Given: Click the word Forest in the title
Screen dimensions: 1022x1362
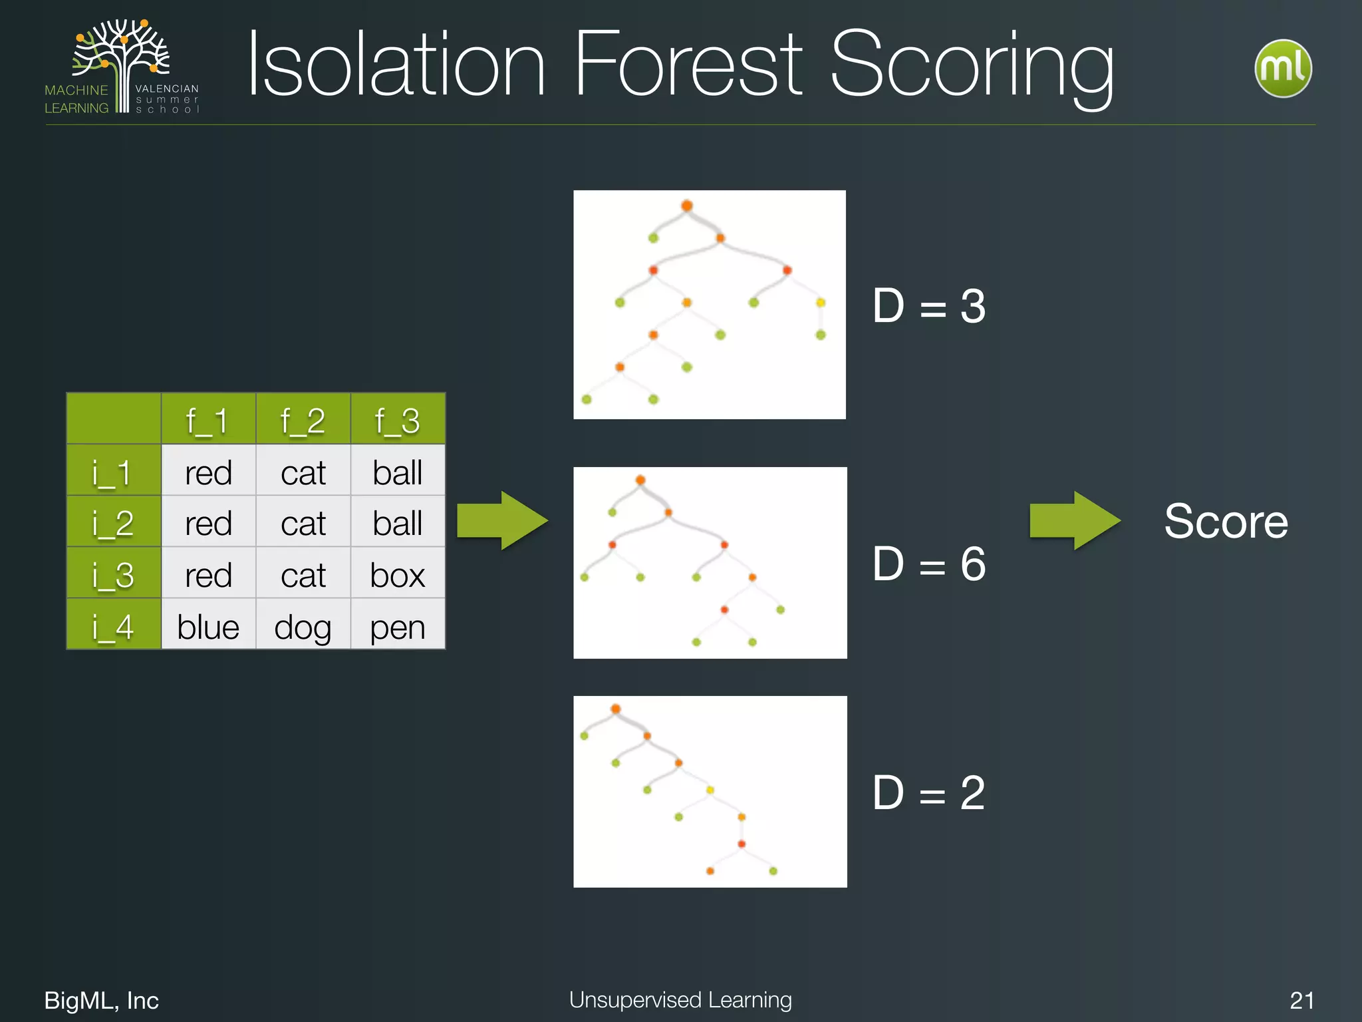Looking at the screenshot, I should [x=688, y=65].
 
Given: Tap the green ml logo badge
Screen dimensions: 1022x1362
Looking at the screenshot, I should [x=1282, y=69].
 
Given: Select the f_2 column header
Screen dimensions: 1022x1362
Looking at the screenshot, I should [x=303, y=420].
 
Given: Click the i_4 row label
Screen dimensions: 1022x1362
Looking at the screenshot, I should [x=114, y=625].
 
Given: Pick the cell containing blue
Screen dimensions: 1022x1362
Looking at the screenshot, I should [x=208, y=625].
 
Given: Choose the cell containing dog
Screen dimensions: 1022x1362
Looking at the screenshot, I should [x=303, y=625].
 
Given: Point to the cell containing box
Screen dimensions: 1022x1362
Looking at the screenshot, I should [x=397, y=574].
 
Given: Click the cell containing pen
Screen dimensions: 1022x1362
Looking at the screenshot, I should [x=397, y=625].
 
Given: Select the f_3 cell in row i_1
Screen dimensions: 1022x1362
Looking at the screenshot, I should [x=397, y=472].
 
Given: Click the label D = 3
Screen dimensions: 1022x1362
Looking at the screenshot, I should [x=928, y=306].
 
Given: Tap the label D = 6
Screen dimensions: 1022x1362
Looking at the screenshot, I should [x=928, y=564].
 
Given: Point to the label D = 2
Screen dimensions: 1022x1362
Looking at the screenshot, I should [x=928, y=792].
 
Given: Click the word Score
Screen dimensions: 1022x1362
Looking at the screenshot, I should [x=1226, y=521].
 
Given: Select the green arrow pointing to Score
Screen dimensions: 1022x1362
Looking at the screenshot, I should [x=1073, y=520].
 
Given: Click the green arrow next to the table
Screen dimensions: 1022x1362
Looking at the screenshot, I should [x=502, y=520].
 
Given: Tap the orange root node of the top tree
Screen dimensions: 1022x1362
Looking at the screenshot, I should [x=687, y=206].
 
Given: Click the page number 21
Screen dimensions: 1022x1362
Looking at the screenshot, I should [x=1301, y=1000].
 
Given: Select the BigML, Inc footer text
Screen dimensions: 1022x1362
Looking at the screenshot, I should [x=101, y=1000].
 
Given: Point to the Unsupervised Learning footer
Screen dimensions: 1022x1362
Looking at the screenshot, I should [x=680, y=999].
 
